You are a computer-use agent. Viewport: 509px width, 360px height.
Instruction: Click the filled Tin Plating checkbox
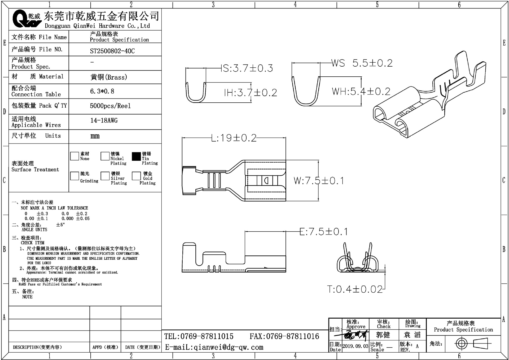136,156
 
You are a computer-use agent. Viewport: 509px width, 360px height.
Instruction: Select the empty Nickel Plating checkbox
105,156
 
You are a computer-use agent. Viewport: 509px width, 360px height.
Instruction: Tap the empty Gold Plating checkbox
136,176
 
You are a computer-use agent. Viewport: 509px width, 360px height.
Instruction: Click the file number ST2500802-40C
112,51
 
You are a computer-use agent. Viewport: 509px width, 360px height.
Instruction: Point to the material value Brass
109,77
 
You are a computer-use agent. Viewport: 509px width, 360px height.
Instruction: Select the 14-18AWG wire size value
104,120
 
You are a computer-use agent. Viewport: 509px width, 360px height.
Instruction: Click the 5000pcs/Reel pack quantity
110,106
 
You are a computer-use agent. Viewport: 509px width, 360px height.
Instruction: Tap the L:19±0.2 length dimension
234,138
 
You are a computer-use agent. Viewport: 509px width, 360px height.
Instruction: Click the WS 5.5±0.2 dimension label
362,63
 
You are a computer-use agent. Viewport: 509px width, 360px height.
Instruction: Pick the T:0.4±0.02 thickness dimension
355,289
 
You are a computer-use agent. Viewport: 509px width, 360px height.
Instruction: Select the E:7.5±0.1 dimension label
323,232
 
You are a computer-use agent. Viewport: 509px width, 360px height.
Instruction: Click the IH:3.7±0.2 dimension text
251,93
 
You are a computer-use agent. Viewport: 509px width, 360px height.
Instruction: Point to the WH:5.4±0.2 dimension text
361,92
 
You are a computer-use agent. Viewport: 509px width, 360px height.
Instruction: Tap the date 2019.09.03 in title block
355,346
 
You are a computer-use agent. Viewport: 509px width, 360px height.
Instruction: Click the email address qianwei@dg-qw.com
214,347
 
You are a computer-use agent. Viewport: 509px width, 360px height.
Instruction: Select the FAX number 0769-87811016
284,336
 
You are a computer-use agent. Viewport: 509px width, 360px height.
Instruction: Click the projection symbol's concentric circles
461,344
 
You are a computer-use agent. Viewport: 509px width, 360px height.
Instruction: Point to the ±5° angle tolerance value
60,225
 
